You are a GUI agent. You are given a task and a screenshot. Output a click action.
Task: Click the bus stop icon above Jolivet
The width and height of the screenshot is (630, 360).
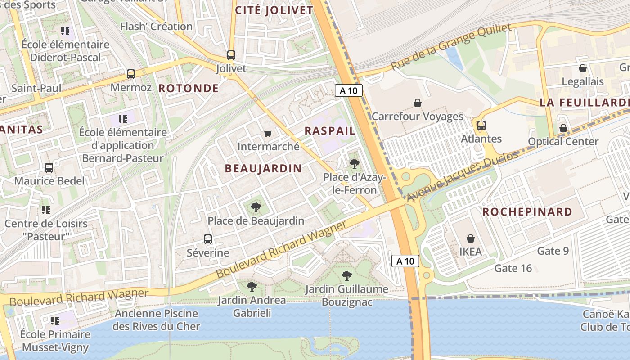pos(231,55)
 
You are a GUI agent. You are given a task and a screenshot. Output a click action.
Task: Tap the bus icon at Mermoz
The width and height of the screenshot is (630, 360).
pos(130,74)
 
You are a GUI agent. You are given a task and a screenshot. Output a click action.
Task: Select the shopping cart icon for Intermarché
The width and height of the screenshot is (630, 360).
pos(268,133)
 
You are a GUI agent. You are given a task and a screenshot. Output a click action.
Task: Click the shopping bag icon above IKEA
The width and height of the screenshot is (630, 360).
pos(471,238)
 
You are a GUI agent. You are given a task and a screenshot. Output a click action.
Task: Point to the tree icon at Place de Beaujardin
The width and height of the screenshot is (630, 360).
pos(256,207)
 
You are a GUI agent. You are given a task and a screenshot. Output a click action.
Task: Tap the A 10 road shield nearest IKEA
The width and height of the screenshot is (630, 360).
pos(405,261)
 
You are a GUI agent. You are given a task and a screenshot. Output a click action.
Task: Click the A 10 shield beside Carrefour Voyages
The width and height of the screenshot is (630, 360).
pos(349,90)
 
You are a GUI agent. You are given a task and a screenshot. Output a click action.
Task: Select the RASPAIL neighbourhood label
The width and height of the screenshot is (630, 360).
pos(330,131)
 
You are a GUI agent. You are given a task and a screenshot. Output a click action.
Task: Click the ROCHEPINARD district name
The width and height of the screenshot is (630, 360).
pos(527,212)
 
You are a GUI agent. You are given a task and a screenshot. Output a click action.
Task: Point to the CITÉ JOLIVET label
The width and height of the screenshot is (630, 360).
pos(274,10)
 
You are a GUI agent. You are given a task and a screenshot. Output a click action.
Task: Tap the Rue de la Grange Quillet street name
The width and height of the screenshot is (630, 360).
pos(451,47)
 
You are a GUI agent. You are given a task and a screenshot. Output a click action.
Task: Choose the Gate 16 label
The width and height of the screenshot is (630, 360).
pos(513,269)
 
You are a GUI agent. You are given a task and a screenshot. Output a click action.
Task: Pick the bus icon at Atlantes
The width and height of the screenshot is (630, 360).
pos(481,126)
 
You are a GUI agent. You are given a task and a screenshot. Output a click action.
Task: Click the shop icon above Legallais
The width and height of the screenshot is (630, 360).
pos(583,69)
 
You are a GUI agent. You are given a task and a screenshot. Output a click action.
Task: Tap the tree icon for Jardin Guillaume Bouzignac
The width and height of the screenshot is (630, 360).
pos(346,275)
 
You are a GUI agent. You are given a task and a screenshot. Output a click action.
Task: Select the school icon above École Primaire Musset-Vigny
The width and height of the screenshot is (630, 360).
pos(55,321)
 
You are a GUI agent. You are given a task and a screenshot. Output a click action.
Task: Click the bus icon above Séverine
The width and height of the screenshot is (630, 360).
pos(208,239)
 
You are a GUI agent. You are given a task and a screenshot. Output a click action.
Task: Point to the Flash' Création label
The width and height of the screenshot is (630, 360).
pos(156,27)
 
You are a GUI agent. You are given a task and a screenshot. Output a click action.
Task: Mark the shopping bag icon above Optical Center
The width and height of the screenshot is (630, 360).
pos(563,128)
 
